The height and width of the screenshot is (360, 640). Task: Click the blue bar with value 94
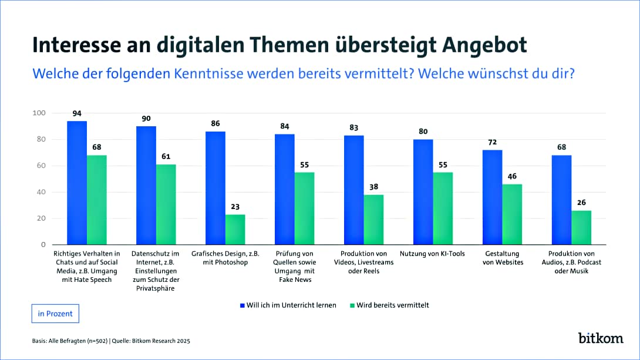point(77,183)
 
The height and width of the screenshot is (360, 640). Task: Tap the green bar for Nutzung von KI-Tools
point(443,208)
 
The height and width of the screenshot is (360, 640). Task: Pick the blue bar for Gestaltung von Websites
point(492,197)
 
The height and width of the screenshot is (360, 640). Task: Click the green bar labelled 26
point(581,228)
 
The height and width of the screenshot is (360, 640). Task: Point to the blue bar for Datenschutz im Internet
point(146,186)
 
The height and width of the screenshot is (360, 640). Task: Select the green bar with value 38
point(373,220)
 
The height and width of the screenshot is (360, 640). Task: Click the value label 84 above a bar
point(285,126)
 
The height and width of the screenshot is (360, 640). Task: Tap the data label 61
point(166,156)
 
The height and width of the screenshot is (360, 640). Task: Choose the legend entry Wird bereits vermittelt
point(391,305)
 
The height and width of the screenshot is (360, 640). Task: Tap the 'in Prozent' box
point(55,314)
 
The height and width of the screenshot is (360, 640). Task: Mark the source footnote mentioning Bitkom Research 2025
point(111,341)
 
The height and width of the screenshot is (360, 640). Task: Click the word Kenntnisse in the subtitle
point(209,75)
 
